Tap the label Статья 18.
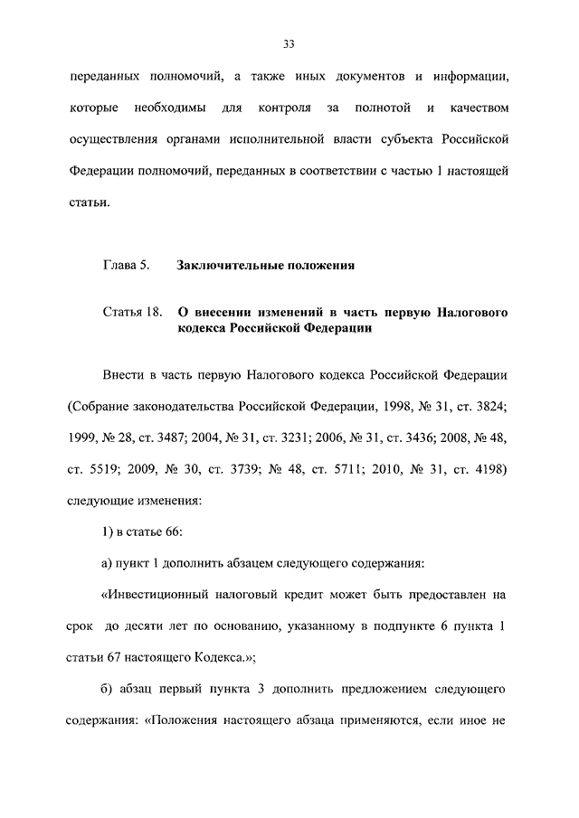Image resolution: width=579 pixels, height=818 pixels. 132,313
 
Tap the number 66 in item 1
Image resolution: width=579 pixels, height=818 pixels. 173,531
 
